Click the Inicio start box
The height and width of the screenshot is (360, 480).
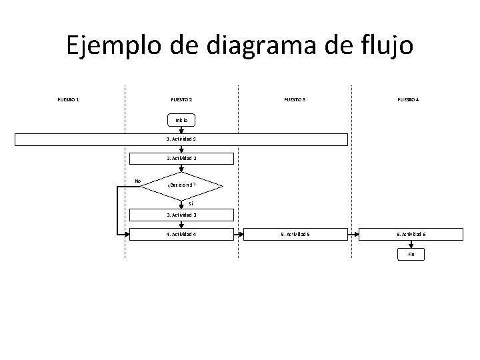point(181,120)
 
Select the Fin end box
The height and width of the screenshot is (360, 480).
point(411,254)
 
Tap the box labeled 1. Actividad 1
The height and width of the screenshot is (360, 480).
point(181,139)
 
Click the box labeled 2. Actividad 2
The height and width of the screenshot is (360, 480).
point(181,159)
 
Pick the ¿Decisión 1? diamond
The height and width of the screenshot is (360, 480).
point(182,186)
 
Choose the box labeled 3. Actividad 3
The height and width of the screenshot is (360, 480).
point(181,215)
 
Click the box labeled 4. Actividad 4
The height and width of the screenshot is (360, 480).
point(181,234)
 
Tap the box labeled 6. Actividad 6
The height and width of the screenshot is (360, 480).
point(411,234)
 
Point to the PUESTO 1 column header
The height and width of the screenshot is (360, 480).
point(68,100)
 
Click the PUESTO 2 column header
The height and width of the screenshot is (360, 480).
point(181,100)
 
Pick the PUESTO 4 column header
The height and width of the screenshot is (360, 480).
point(408,100)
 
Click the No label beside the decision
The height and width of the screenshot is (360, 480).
point(138,181)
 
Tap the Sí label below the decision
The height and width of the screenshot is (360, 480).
point(191,203)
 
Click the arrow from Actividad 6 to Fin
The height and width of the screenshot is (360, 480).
point(411,244)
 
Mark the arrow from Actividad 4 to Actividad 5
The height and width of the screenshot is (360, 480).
point(239,234)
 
